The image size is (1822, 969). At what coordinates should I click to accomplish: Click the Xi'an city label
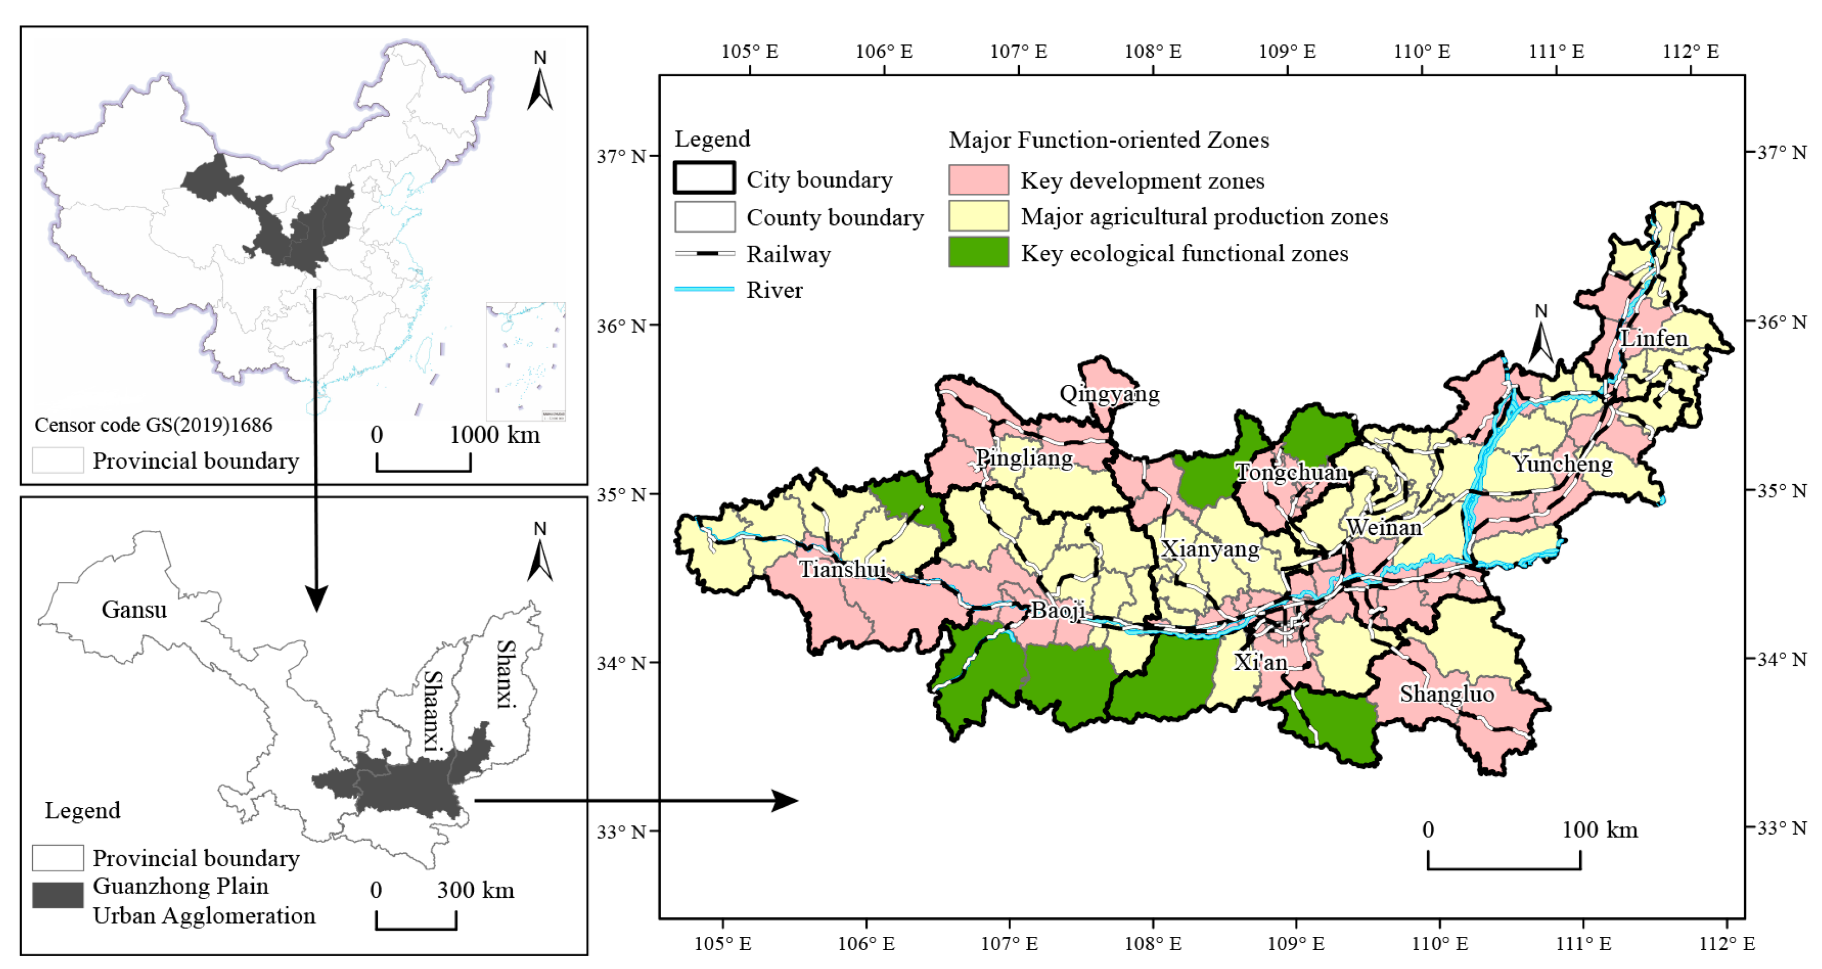pyautogui.click(x=1260, y=662)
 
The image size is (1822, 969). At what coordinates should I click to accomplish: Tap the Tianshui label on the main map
pyautogui.click(x=842, y=569)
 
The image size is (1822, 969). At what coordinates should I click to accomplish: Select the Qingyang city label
pyautogui.click(x=1109, y=393)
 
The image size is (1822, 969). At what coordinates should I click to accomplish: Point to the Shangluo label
pyautogui.click(x=1446, y=694)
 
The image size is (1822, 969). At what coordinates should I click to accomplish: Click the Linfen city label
pyautogui.click(x=1654, y=338)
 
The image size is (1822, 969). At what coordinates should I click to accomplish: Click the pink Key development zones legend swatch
pyautogui.click(x=978, y=180)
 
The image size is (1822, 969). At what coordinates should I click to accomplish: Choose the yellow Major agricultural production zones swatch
pyautogui.click(x=978, y=215)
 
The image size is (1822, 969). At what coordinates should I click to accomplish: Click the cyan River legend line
pyautogui.click(x=704, y=289)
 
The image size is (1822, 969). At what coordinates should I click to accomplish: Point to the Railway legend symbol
pyautogui.click(x=704, y=253)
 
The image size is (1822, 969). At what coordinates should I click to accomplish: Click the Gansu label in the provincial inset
pyautogui.click(x=134, y=610)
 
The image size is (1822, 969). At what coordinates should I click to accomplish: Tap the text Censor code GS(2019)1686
pyautogui.click(x=153, y=425)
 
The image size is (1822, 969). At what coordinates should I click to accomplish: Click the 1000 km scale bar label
pyautogui.click(x=494, y=434)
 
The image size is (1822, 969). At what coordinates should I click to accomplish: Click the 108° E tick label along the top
pyautogui.click(x=1153, y=51)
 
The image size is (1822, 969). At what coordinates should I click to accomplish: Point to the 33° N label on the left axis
pyautogui.click(x=621, y=832)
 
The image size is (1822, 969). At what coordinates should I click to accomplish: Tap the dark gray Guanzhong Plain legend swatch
pyautogui.click(x=58, y=895)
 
